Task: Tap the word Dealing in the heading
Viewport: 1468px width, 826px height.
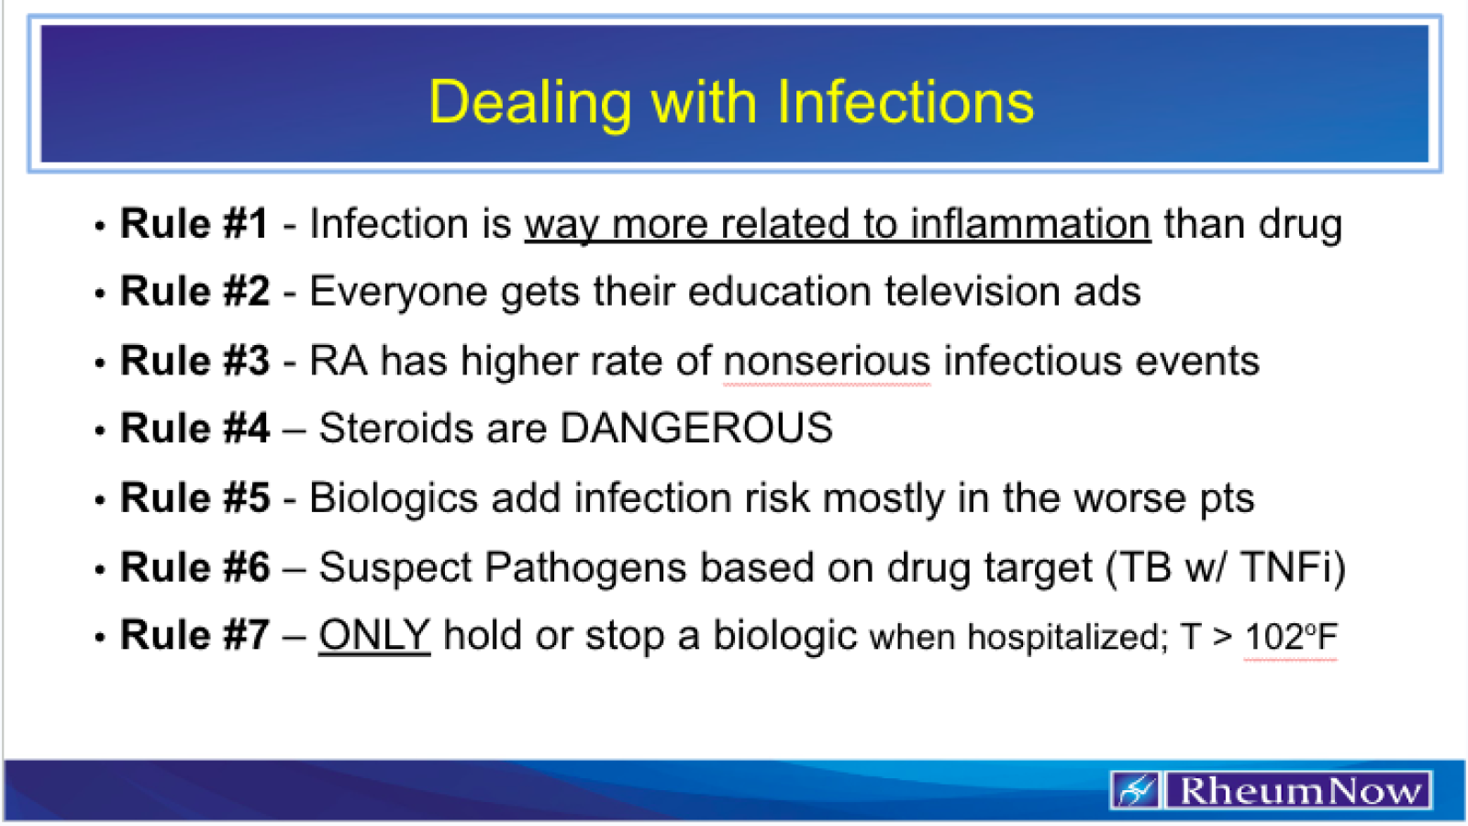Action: click(x=529, y=104)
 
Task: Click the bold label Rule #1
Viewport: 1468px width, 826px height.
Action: click(x=195, y=224)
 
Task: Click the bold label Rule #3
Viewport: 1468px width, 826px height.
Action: click(x=195, y=361)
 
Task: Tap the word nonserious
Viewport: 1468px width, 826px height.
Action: click(x=827, y=361)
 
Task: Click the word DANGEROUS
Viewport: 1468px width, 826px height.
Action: click(x=696, y=429)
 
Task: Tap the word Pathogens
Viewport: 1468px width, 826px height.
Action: click(x=585, y=567)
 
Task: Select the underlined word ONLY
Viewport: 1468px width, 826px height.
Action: click(x=374, y=635)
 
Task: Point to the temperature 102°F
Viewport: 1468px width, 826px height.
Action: click(x=1291, y=637)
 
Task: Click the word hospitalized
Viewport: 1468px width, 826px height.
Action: click(x=1067, y=637)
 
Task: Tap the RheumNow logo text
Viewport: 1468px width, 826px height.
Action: click(x=1299, y=790)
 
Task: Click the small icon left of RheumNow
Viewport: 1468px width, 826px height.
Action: click(x=1136, y=790)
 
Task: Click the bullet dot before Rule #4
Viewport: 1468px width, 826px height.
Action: click(x=100, y=430)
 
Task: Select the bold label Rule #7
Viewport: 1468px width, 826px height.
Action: click(x=195, y=635)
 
